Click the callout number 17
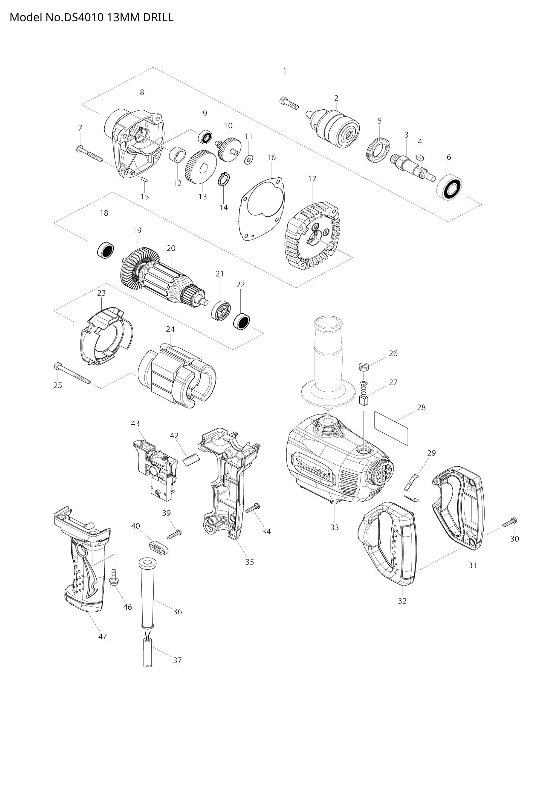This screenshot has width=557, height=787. click(312, 179)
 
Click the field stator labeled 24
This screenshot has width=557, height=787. click(177, 377)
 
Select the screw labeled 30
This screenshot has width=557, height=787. click(510, 532)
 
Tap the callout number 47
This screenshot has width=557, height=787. click(103, 637)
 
